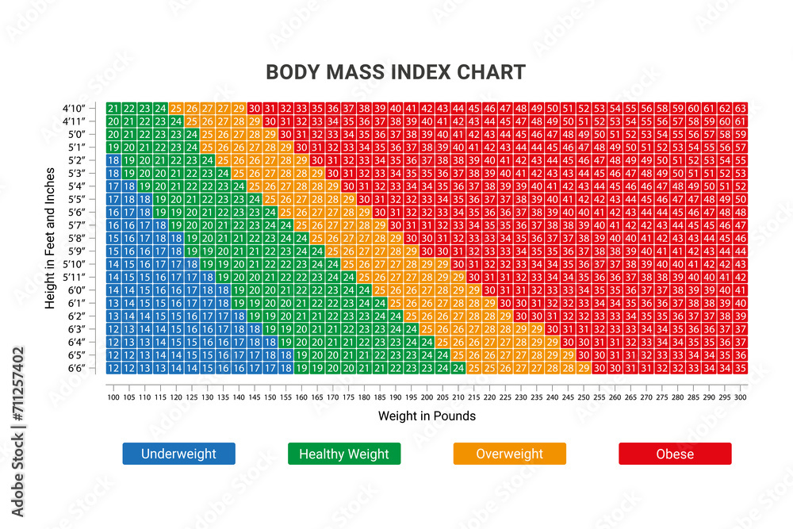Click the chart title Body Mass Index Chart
click(395, 72)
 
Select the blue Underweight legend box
click(178, 454)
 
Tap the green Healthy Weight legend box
click(344, 454)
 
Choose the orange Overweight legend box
click(509, 454)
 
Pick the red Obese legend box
click(675, 454)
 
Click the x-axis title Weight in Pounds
click(427, 416)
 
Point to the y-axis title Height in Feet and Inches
click(51, 237)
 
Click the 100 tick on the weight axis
click(113, 396)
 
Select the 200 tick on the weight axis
click(427, 396)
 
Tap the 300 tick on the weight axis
click(740, 396)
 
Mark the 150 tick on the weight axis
click(270, 396)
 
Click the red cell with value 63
click(740, 108)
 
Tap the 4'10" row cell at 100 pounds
click(113, 108)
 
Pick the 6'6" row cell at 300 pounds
click(740, 368)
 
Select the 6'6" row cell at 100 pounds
click(113, 368)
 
